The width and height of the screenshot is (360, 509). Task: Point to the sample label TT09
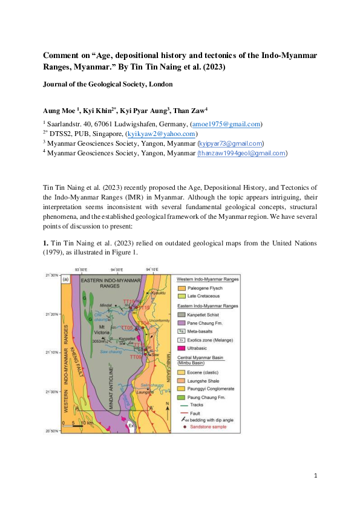tap(137, 357)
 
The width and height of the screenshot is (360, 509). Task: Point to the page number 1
tap(316, 476)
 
